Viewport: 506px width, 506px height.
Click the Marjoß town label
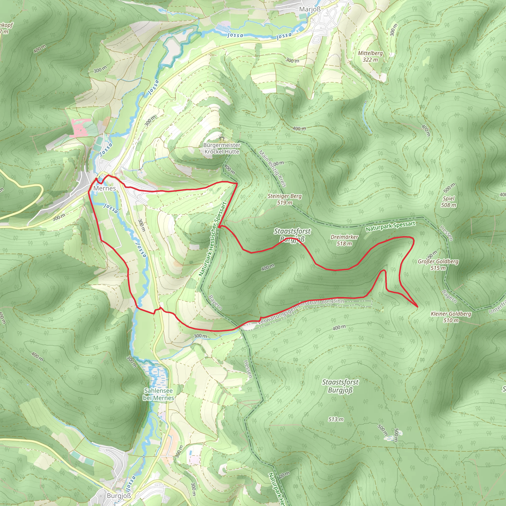coord(310,9)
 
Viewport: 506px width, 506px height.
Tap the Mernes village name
coord(105,188)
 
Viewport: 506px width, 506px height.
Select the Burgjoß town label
coord(119,496)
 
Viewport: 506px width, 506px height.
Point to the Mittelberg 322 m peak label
coord(370,56)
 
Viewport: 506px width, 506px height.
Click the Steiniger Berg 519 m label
coord(284,199)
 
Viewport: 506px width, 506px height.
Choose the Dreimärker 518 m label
coord(344,240)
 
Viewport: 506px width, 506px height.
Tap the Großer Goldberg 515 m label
coord(438,265)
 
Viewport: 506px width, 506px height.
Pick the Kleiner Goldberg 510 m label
coord(451,317)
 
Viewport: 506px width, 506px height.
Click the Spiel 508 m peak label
coord(448,202)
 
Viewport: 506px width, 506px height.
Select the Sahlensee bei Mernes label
coord(158,394)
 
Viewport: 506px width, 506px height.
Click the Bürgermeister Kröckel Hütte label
coord(222,148)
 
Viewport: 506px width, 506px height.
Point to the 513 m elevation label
coord(336,419)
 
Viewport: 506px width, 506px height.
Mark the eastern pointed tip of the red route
coord(417,306)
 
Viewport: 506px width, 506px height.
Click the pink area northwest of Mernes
coord(81,127)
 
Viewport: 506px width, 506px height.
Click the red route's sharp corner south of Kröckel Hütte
coord(237,184)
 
